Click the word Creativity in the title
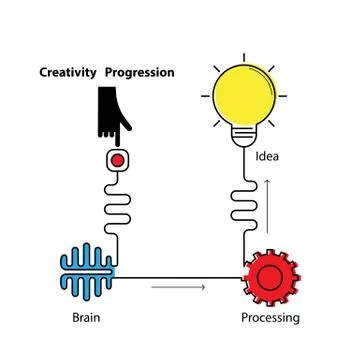[x=67, y=72]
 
